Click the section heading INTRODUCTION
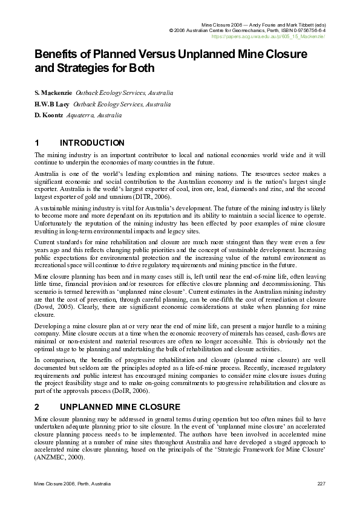point(93,143)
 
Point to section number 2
point(37,406)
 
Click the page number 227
point(321,485)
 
